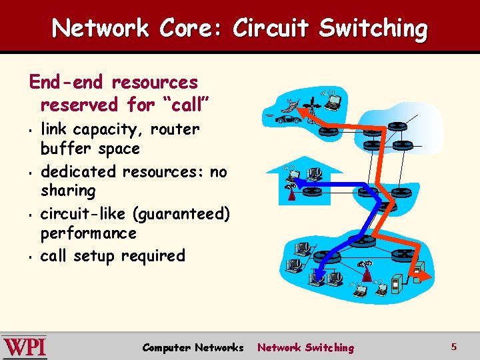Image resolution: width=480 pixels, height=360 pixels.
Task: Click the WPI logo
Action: pos(25,347)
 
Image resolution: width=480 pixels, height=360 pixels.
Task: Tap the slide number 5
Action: pos(453,346)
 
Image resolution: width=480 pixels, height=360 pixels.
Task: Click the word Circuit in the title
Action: pos(271,28)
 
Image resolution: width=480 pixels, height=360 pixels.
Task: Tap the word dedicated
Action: pos(79,171)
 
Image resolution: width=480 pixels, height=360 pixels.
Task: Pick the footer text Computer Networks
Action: pos(193,347)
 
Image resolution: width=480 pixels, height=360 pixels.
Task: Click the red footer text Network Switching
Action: pos(306,347)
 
